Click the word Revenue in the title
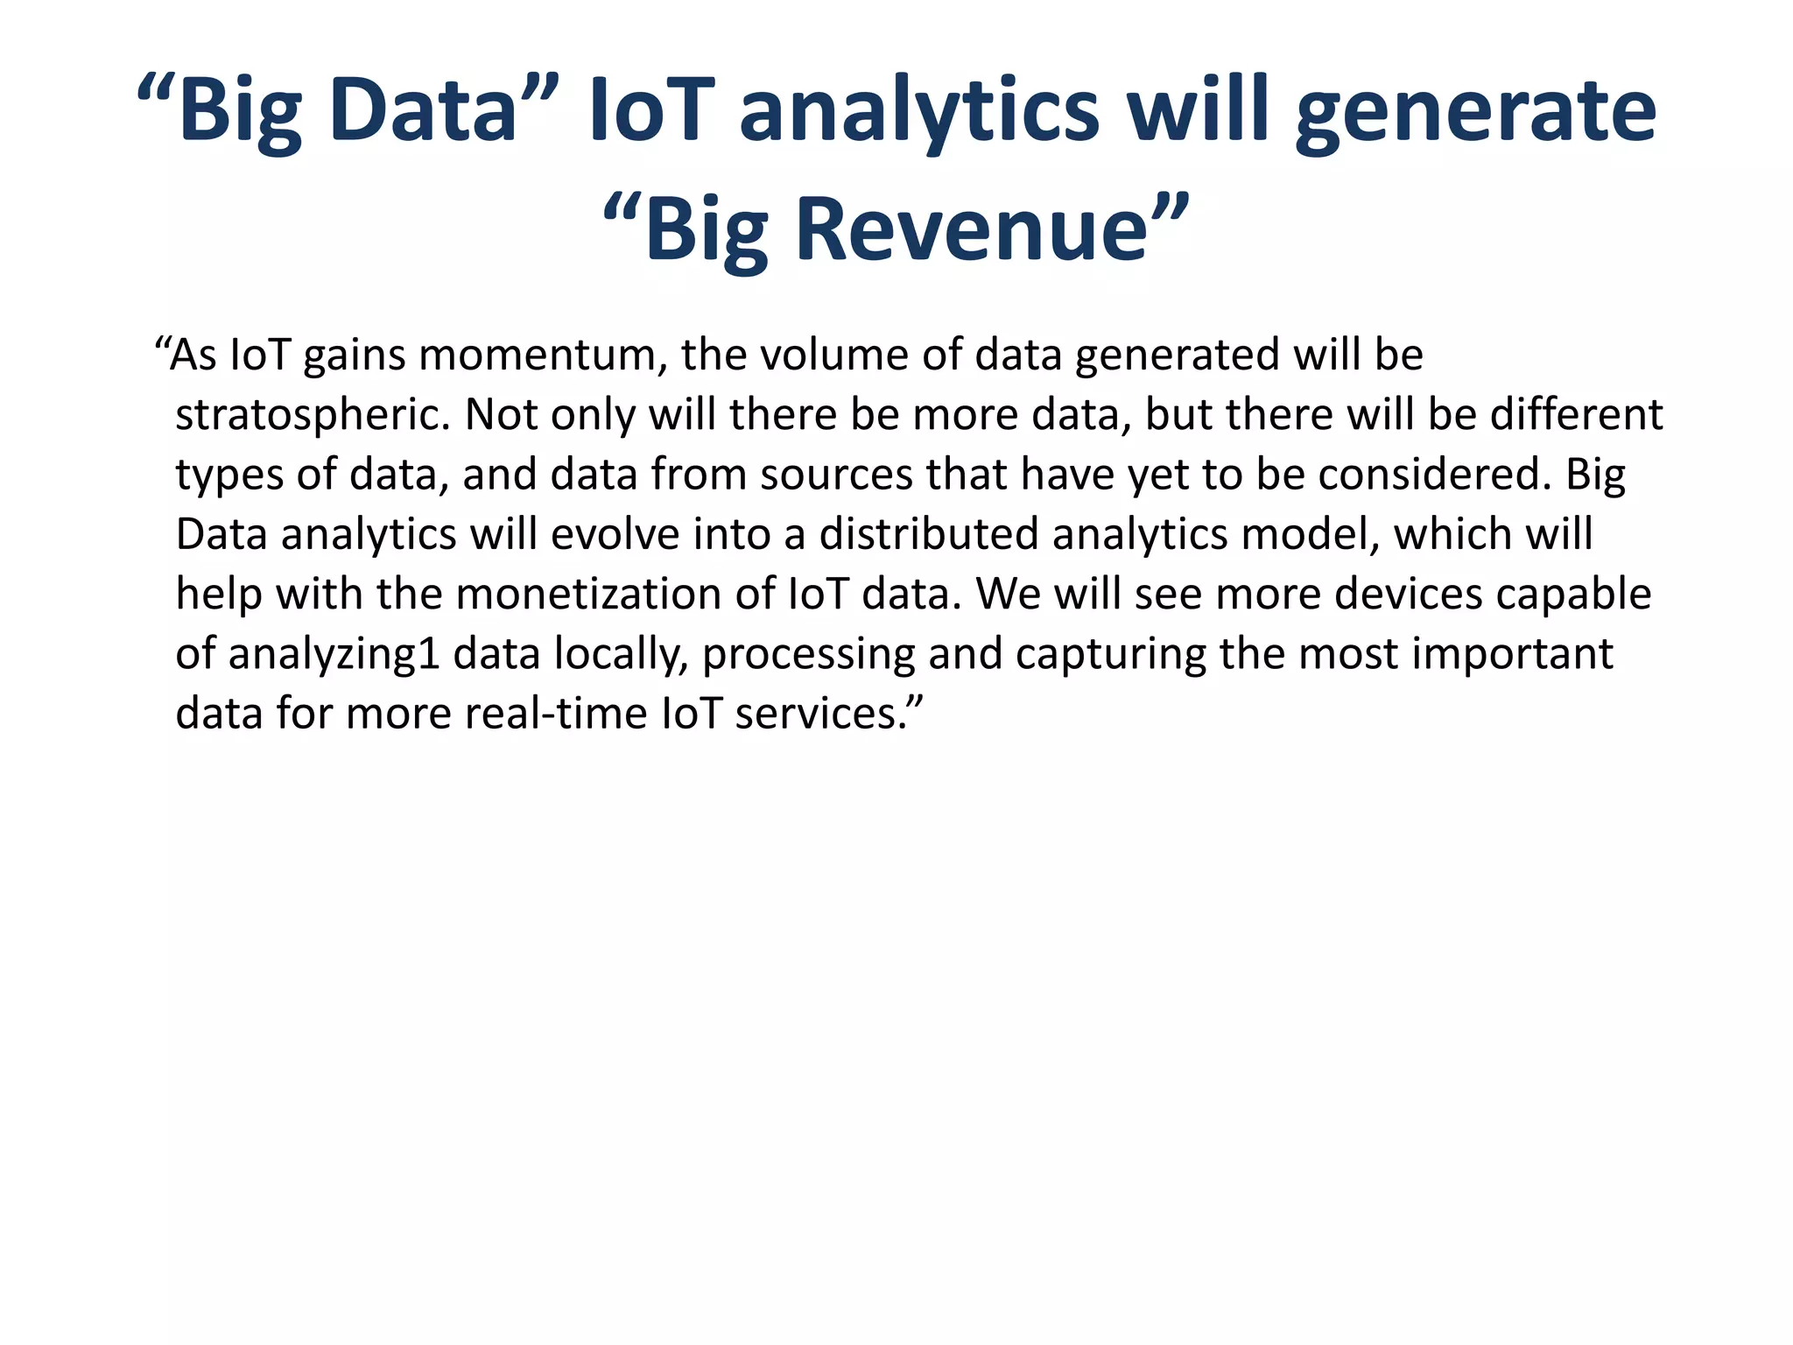pos(971,229)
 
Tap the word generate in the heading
pos(1475,111)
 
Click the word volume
pos(821,356)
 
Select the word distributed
pos(928,534)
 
